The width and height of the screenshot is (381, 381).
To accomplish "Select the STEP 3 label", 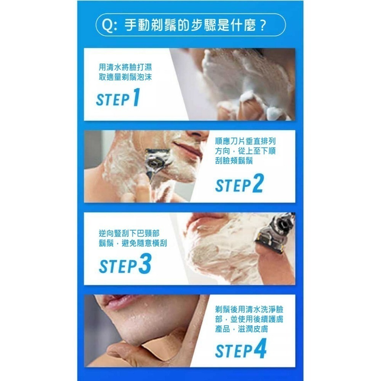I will [125, 266].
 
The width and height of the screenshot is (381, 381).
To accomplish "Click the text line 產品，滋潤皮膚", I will [241, 329].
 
